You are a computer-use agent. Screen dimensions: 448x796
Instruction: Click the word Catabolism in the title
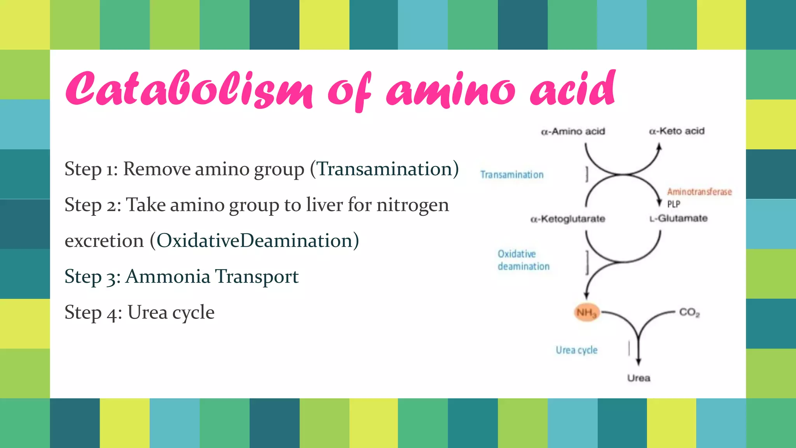click(189, 89)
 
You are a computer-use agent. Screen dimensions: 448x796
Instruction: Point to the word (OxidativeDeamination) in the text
click(255, 241)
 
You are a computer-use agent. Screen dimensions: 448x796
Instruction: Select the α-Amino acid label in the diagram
click(573, 131)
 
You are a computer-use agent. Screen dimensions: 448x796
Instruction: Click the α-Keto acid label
click(677, 131)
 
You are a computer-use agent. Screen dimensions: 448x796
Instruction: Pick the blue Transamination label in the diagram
click(512, 175)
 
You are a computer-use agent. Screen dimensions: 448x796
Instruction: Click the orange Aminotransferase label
click(699, 192)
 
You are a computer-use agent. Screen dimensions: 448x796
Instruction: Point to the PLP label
click(674, 204)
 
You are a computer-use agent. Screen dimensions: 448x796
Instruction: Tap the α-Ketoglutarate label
click(568, 219)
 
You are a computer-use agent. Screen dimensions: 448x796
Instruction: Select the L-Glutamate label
click(679, 219)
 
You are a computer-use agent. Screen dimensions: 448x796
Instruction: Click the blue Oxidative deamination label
click(523, 260)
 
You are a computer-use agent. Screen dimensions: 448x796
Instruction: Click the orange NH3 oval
click(587, 312)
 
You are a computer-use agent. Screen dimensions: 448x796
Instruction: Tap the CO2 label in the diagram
click(689, 312)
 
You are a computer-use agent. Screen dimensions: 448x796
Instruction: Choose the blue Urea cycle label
click(576, 350)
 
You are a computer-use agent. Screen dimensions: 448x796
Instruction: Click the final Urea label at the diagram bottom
click(639, 378)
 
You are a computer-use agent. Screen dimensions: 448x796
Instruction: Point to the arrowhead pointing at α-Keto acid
click(659, 147)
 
